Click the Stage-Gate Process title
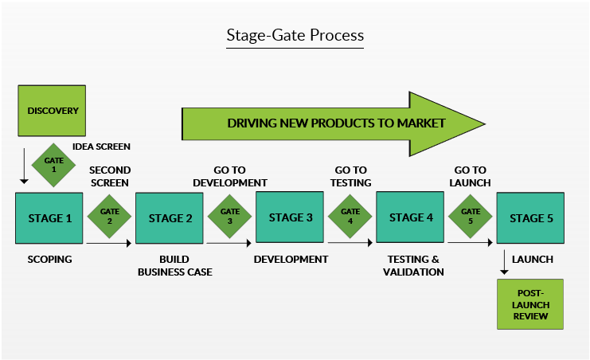click(295, 36)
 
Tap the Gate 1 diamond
click(54, 165)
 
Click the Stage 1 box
click(49, 217)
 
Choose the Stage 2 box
click(170, 217)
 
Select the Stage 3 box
click(290, 217)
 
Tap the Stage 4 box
click(410, 217)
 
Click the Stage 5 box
click(530, 217)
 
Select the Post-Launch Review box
click(529, 304)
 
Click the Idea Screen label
click(101, 147)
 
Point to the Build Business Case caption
click(174, 265)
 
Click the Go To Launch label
click(471, 176)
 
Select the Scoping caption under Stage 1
click(49, 260)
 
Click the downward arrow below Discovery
click(25, 166)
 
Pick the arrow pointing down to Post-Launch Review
click(504, 262)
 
